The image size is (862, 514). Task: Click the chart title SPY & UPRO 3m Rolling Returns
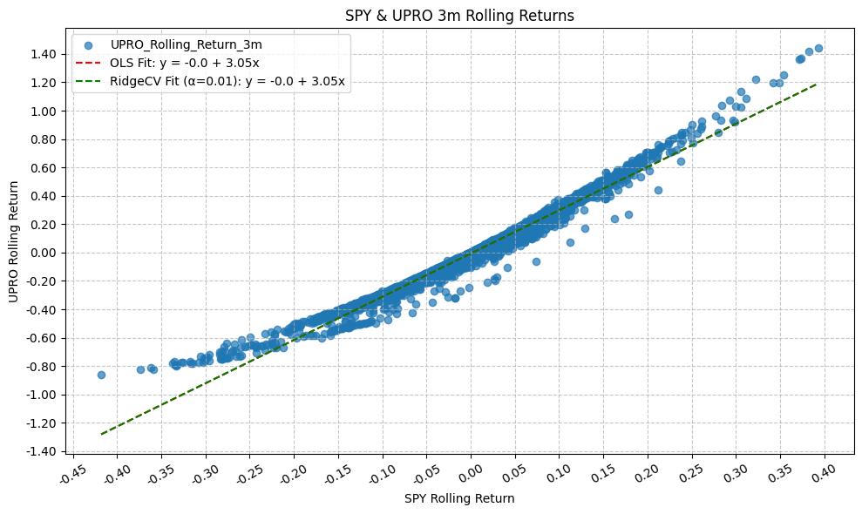coord(459,15)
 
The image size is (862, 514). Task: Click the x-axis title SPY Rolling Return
coord(459,498)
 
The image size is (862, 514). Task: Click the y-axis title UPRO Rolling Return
coord(14,242)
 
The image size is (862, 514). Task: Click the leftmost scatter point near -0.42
coord(101,375)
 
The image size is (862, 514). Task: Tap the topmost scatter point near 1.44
coord(818,49)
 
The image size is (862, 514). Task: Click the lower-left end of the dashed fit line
coord(102,433)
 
